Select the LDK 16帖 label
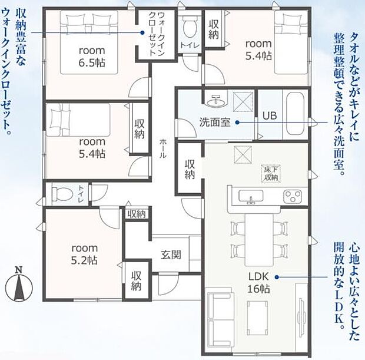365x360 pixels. click(x=258, y=283)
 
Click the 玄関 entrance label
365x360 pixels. click(x=171, y=255)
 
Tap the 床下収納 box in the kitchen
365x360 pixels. click(x=270, y=173)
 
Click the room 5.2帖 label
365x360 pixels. click(x=85, y=254)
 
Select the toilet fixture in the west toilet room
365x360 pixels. click(x=61, y=193)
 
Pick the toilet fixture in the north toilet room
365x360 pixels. click(x=189, y=27)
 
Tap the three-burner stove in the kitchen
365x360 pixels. click(x=293, y=196)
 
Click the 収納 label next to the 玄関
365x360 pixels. click(x=136, y=281)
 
